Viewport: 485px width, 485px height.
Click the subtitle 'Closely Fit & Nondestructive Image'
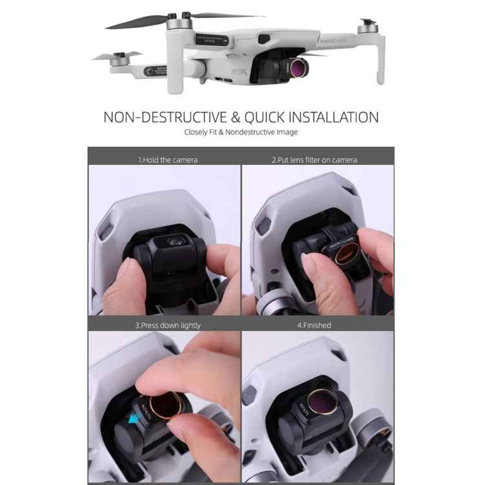pyautogui.click(x=241, y=133)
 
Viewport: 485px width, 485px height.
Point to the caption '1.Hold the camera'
pyautogui.click(x=168, y=160)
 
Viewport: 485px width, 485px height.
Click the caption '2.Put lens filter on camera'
pyautogui.click(x=314, y=160)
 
